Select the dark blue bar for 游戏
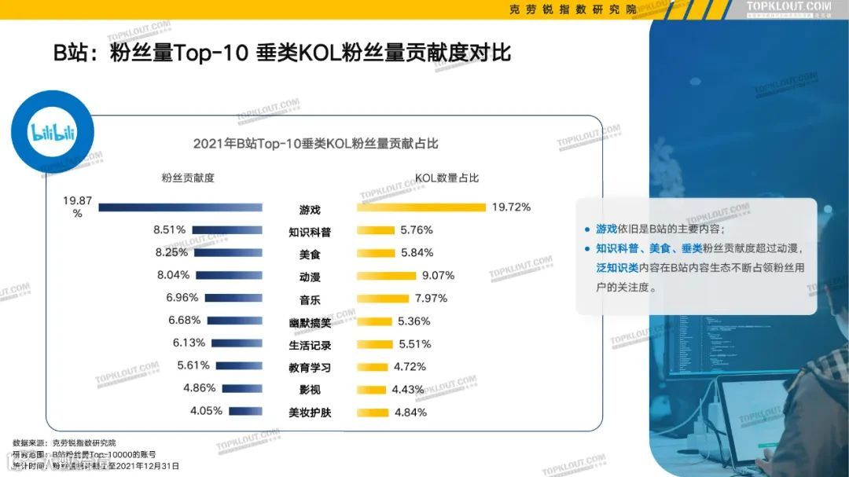coord(180,207)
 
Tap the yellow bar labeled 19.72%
coord(421,207)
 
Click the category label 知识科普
coord(310,233)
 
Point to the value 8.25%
coord(171,252)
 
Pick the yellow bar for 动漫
coord(386,276)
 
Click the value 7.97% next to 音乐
coord(431,298)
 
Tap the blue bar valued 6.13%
coord(237,343)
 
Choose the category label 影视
coord(310,390)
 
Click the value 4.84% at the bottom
coord(410,412)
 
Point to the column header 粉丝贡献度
coord(188,178)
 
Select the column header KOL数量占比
coord(447,178)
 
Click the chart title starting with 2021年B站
coord(315,144)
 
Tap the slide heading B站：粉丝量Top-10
coord(282,53)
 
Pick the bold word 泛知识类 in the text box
coord(617,268)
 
